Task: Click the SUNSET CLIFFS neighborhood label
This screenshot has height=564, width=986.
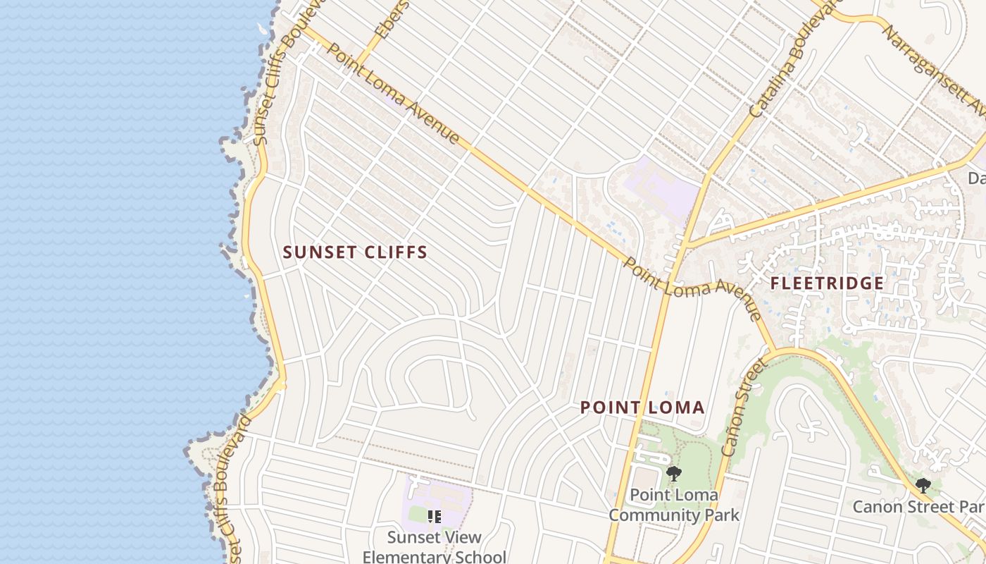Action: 355,252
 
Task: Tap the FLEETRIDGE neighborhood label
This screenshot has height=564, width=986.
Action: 827,283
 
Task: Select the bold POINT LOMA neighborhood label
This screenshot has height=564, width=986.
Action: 642,407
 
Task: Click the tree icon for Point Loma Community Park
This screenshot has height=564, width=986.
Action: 674,473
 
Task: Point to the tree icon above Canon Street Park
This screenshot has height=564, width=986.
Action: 923,486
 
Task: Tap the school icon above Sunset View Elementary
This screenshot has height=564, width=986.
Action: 435,517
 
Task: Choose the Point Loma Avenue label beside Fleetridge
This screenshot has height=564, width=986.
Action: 692,289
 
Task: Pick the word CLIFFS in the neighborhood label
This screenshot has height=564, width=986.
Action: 394,252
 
